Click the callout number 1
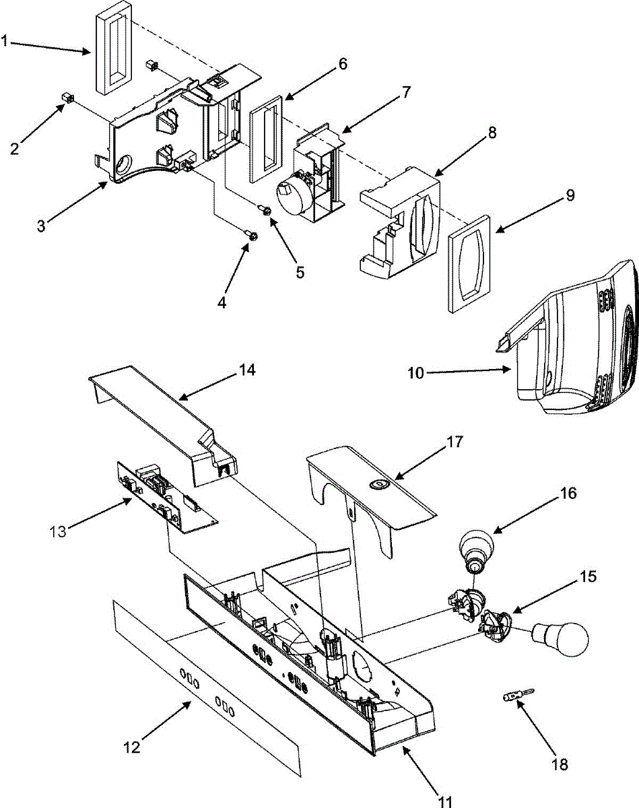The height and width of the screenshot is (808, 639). point(5,41)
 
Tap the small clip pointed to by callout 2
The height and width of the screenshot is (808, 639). point(67,99)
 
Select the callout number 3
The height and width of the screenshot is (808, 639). point(41,226)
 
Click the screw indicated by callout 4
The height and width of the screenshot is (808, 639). point(253,236)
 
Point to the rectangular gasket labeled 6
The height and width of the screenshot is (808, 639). point(265,139)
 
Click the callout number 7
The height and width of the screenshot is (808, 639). point(406,92)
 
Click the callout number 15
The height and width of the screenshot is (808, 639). point(588,576)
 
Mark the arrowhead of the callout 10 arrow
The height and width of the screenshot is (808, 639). point(510,370)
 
